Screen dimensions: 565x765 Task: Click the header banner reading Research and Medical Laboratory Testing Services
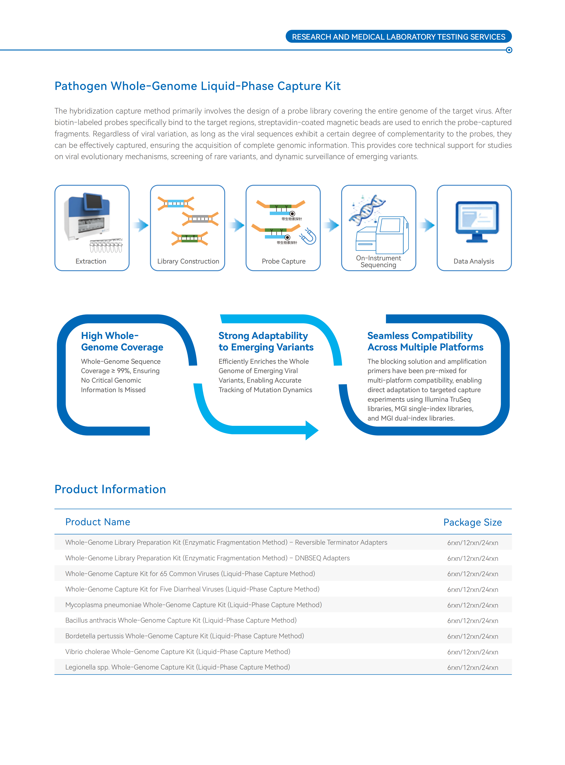399,37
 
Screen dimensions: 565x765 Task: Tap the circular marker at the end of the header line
509,50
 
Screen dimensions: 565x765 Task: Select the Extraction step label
91,261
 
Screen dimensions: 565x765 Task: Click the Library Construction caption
188,261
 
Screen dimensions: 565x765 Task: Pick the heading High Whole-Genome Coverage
122,341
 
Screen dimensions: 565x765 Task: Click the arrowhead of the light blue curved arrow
312,430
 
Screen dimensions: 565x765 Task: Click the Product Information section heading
110,489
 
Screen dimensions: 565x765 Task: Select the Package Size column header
473,522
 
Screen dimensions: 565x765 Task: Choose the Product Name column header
98,522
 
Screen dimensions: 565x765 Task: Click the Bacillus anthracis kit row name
181,621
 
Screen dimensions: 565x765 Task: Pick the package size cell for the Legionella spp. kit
473,668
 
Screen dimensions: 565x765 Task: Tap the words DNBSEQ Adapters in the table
323,558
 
